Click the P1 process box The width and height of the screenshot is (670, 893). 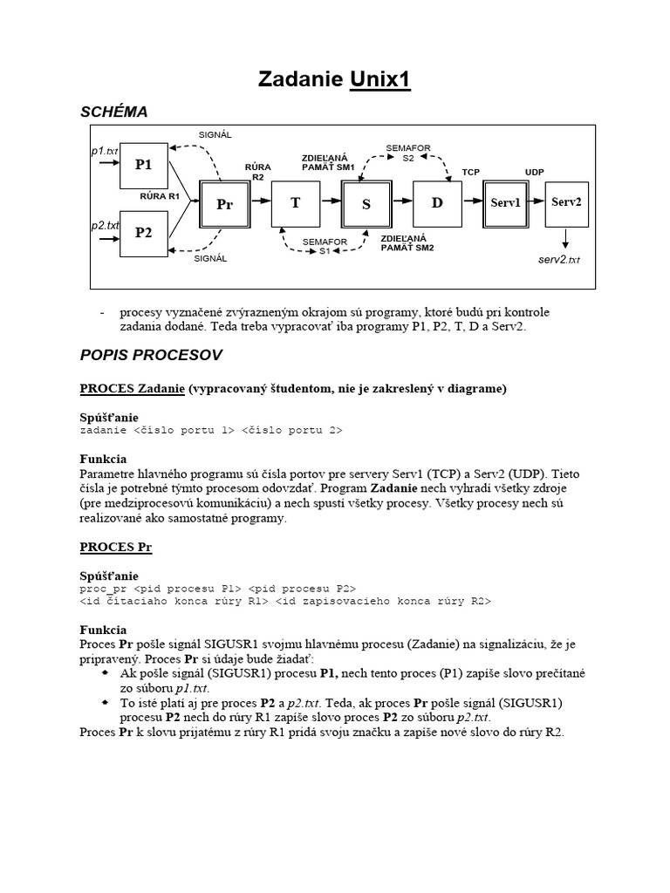144,165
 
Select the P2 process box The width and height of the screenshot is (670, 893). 144,233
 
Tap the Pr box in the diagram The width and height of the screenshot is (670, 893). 224,204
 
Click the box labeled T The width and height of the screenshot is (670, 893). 296,202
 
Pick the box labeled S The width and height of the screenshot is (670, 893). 366,204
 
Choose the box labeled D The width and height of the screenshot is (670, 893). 437,202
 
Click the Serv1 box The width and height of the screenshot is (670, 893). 505,202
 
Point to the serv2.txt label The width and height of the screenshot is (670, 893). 559,259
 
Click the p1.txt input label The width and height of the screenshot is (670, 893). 105,151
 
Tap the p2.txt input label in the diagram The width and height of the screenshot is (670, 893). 105,225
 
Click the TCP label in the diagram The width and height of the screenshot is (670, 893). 471,172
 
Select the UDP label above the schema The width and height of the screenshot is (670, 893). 534,172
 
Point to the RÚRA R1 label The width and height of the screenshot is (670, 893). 160,196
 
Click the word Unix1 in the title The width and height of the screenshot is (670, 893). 380,80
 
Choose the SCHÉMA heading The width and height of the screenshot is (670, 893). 113,112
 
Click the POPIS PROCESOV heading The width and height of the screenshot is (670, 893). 151,355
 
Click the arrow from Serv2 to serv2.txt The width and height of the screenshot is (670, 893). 566,237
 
